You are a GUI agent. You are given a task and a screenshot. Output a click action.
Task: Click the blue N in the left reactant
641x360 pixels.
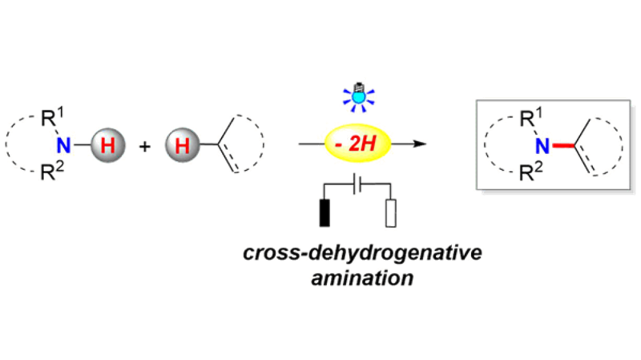coord(64,146)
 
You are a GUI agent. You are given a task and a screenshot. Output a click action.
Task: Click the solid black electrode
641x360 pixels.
coord(324,212)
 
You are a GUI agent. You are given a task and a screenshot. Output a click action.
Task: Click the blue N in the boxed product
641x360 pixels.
coord(541,146)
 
